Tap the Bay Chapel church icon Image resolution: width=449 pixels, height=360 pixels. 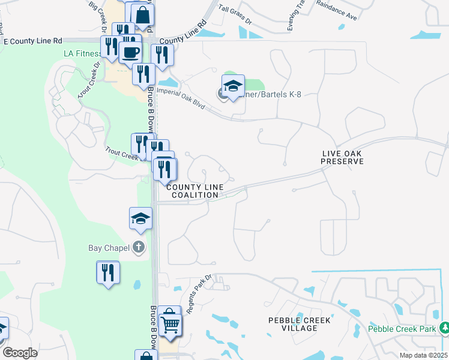(x=139, y=247)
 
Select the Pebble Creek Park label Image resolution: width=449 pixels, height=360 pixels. (x=402, y=328)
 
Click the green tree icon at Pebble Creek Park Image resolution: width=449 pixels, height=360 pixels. (x=444, y=328)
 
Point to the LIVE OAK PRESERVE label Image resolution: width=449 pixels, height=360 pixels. (x=342, y=157)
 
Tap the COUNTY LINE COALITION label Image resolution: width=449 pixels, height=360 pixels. (x=190, y=191)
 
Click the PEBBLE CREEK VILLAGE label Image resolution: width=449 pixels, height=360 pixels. (x=300, y=324)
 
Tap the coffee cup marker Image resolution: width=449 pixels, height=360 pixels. (x=130, y=53)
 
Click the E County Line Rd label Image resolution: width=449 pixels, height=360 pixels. (x=33, y=41)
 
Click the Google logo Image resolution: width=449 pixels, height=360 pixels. (x=20, y=353)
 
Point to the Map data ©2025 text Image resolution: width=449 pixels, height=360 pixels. (x=423, y=355)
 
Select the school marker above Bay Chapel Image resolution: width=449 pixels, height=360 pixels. (x=140, y=219)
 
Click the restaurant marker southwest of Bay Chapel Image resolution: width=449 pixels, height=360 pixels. (x=108, y=273)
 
